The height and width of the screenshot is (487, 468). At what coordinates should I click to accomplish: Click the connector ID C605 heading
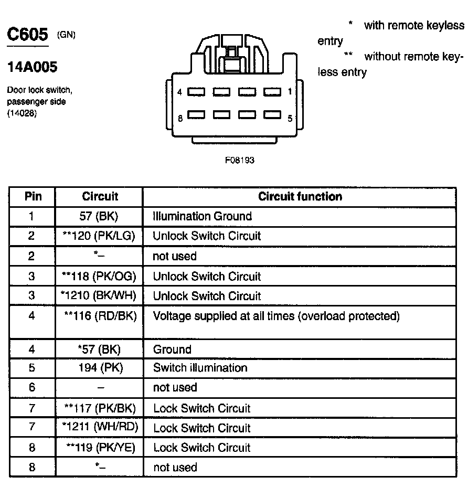point(27,36)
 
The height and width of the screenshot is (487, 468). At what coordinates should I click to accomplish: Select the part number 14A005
point(32,67)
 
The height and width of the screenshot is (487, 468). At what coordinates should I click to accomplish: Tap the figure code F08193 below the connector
point(239,160)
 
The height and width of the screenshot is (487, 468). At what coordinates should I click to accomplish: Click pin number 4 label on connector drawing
point(179,92)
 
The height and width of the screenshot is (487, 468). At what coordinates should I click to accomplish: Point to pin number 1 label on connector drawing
point(290,92)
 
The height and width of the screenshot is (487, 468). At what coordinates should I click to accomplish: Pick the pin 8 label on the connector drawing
point(180,118)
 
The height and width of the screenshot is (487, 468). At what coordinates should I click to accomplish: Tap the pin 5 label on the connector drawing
point(290,118)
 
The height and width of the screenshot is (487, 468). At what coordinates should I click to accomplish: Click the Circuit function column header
point(300,197)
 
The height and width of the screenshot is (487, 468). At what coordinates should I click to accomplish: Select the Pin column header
point(33,197)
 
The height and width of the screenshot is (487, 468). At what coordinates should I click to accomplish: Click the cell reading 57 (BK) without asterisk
point(100,216)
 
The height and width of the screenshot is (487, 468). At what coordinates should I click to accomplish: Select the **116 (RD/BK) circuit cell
point(100,316)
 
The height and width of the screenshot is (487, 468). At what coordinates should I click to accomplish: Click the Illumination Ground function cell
point(202,216)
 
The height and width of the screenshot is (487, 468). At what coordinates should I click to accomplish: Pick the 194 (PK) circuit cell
point(100,368)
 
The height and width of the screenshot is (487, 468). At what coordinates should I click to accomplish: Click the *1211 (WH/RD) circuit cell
point(99,428)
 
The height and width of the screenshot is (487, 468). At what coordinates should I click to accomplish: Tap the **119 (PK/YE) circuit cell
point(100,448)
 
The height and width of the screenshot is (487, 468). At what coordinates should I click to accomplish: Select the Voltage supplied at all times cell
point(276,316)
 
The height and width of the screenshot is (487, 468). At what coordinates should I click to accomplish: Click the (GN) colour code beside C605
point(66,35)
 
